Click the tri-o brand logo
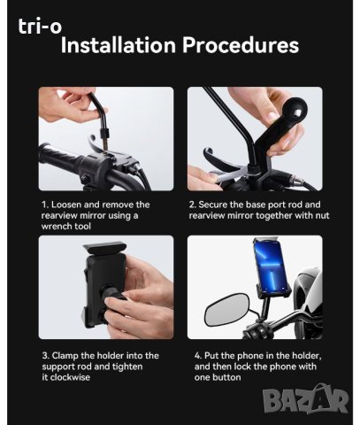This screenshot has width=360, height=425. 40,26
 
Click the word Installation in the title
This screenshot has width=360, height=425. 118,45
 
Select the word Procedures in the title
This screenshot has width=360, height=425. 241,45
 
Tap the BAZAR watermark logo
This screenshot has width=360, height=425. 305,399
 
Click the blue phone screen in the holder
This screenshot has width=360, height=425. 271,265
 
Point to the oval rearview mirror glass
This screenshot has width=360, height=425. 226,309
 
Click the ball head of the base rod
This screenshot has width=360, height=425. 294,112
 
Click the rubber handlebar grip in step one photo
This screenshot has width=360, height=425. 58,158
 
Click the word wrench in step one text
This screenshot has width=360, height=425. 56,227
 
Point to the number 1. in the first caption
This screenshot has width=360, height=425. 45,205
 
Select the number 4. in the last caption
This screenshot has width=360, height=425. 198,356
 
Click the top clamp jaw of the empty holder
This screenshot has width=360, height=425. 105,247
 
